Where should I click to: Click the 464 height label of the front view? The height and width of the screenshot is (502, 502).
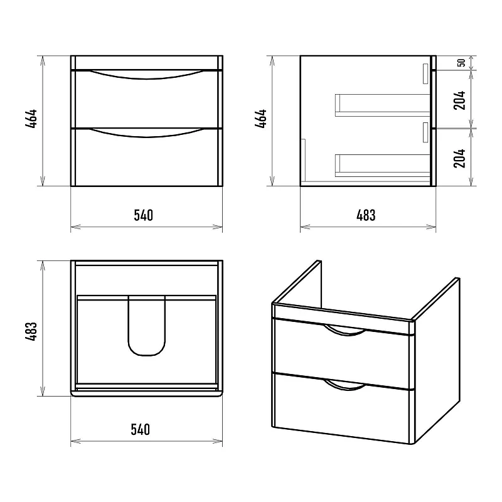tap(31, 119)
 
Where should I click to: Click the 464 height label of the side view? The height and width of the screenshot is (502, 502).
tap(261, 119)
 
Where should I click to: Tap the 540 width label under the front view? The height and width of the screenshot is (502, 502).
tap(144, 215)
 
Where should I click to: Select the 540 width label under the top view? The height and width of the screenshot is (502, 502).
tap(140, 429)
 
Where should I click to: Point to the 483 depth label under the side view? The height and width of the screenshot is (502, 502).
tap(366, 215)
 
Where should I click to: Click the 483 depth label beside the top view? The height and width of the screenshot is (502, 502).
tap(31, 331)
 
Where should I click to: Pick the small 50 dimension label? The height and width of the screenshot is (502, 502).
tap(461, 63)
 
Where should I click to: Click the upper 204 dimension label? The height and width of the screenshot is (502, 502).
tap(459, 100)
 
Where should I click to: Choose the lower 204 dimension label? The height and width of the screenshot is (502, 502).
tap(459, 158)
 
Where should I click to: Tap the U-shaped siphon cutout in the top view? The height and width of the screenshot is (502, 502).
tap(147, 355)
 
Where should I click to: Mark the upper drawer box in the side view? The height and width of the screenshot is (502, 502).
tap(383, 105)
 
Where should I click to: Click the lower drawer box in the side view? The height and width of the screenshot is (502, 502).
tap(383, 166)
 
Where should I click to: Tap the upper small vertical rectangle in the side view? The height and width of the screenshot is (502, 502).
tap(425, 73)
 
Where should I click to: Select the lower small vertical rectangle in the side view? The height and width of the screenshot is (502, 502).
tap(425, 132)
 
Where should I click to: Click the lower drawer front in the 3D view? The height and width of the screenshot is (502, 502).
tap(342, 409)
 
